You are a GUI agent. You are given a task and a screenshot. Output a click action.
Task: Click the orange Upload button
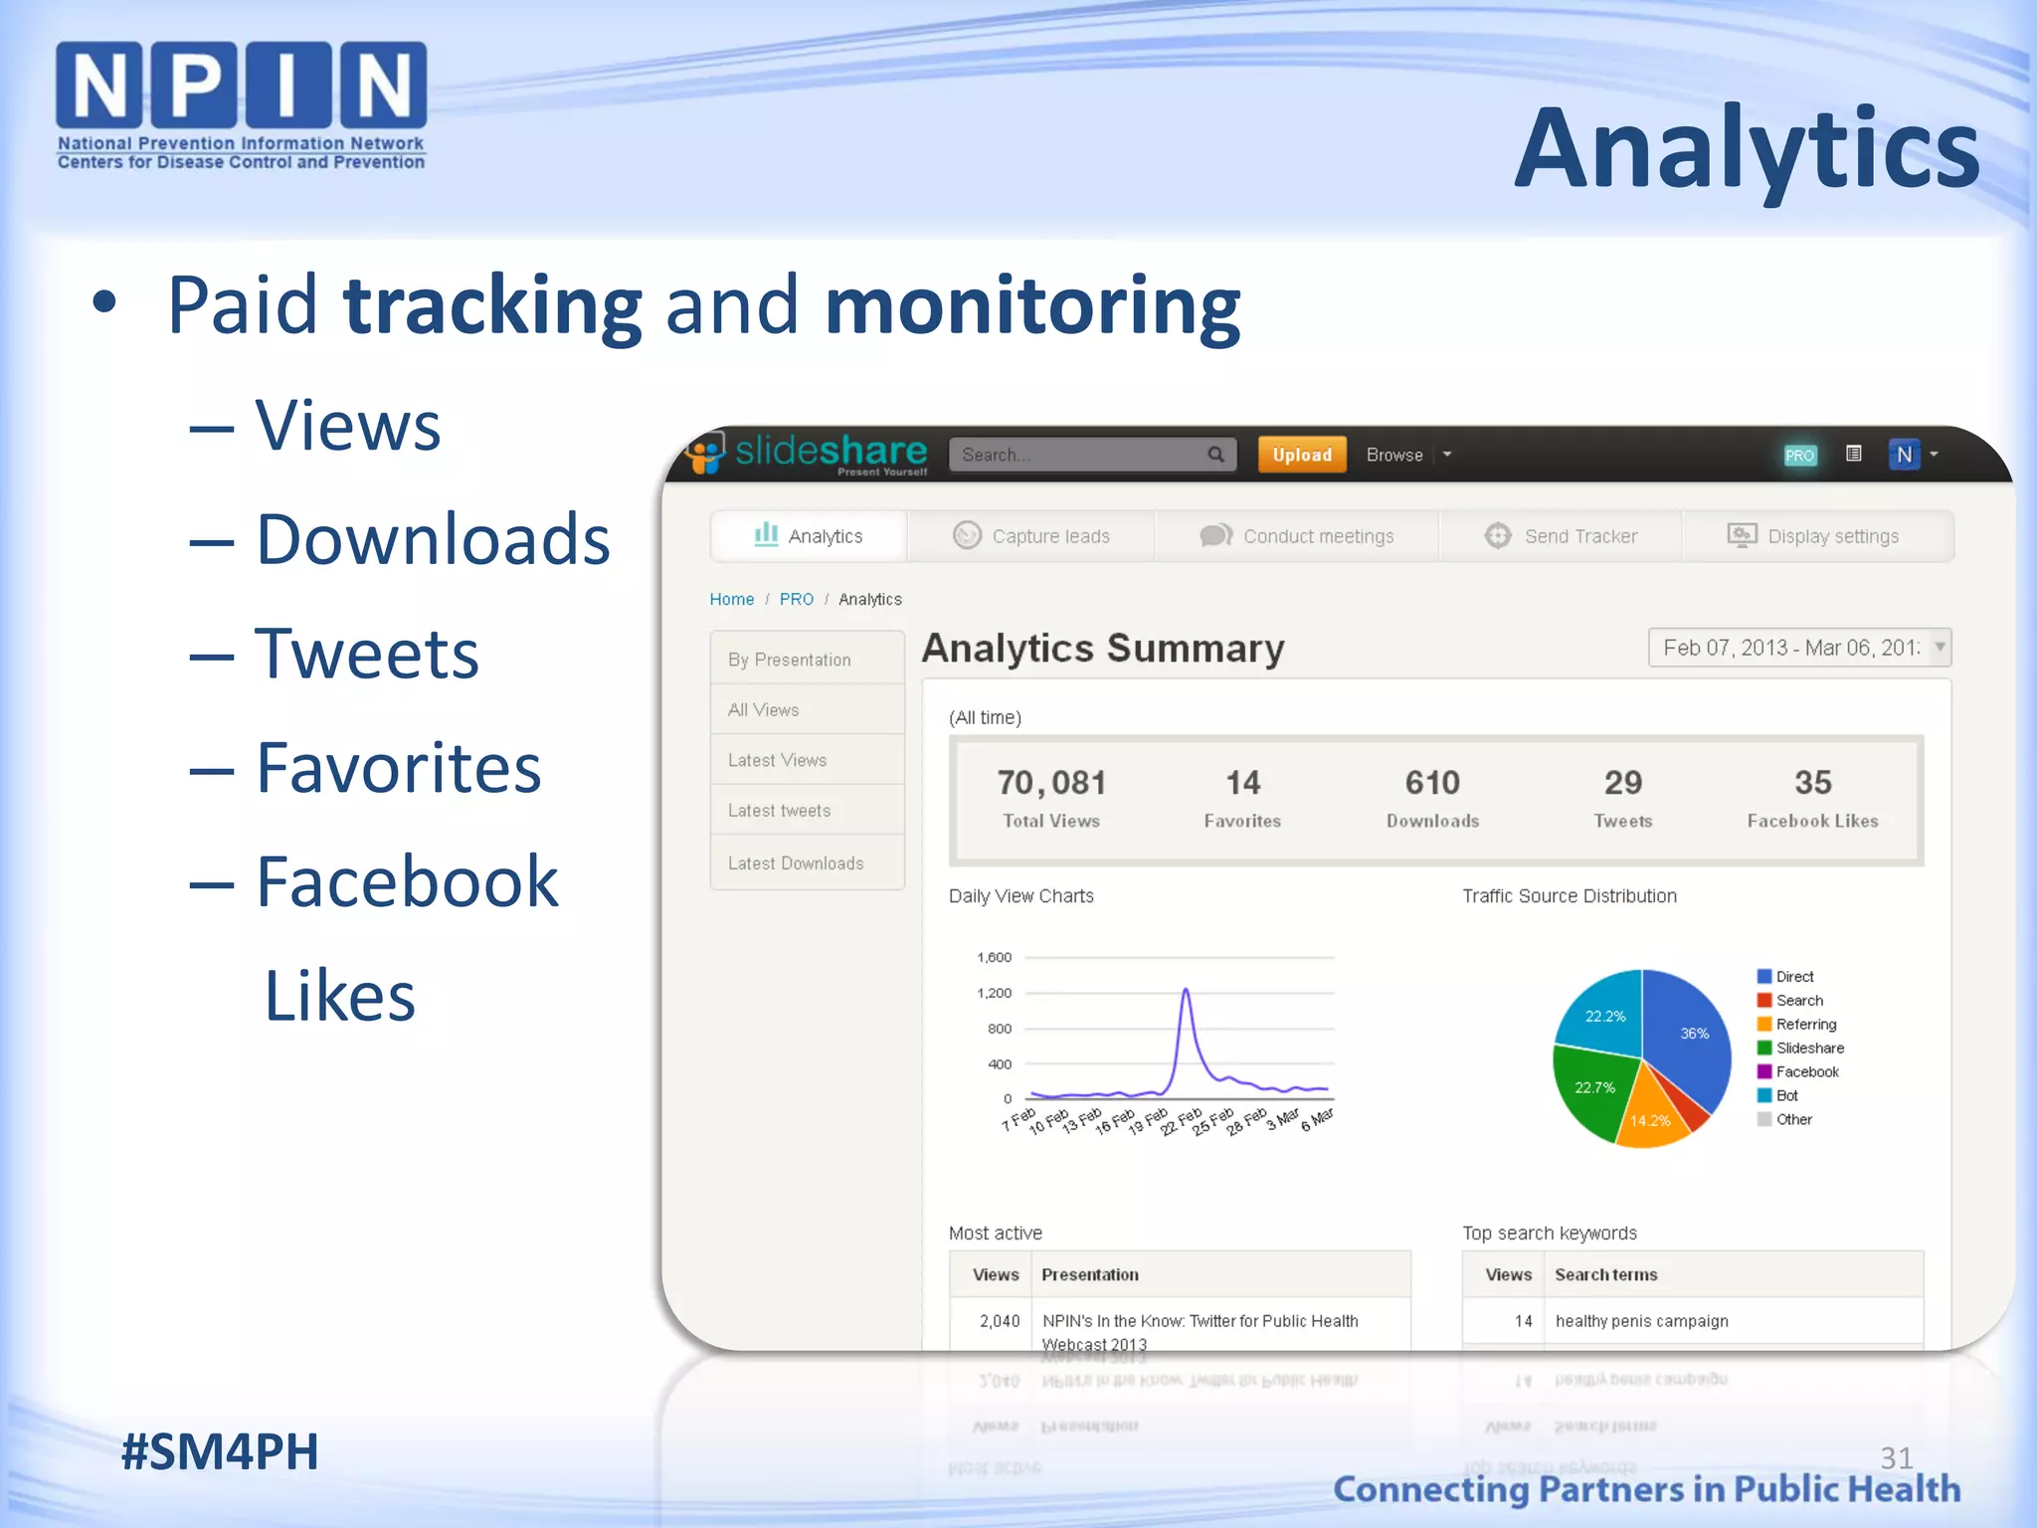click(1301, 455)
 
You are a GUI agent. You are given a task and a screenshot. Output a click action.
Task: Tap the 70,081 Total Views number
click(1051, 783)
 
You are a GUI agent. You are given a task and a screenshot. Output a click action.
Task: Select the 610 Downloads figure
click(1432, 783)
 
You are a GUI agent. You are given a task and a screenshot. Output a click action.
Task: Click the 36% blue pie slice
click(1691, 1035)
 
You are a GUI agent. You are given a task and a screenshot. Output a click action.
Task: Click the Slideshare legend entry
click(1809, 1048)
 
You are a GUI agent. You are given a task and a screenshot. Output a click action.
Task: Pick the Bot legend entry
click(1786, 1095)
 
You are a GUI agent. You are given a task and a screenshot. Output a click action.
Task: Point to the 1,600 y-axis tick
click(994, 957)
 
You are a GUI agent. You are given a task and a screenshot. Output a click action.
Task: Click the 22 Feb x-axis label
click(1182, 1122)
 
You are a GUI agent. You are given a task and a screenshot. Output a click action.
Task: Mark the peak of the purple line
click(1186, 990)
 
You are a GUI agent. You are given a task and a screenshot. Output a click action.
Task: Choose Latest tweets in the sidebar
click(779, 811)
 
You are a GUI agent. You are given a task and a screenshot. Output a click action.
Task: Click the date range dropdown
click(1799, 648)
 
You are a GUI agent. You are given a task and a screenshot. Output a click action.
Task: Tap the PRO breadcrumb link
click(796, 599)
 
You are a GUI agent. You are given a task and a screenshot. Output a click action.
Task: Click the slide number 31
click(1896, 1457)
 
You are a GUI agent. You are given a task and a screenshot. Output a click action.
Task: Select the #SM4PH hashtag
click(220, 1451)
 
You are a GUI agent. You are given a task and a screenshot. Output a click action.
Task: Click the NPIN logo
click(241, 104)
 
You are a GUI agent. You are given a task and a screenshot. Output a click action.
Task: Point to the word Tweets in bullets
click(366, 654)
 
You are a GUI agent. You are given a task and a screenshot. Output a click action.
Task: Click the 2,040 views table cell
click(999, 1321)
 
